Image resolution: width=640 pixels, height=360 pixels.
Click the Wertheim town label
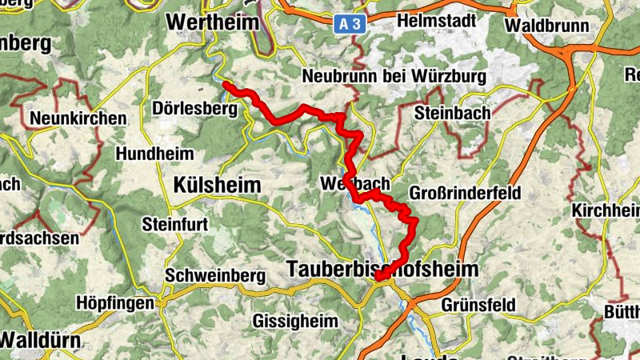pos(213,22)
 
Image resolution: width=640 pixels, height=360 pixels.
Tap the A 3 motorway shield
pos(350,25)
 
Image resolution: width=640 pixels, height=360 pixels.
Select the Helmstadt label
pos(435,19)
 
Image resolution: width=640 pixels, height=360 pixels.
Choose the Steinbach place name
pos(452,114)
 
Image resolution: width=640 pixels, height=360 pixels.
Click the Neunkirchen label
pos(78,118)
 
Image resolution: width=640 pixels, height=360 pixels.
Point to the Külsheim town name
pos(217,186)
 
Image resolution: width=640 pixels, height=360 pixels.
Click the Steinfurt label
pos(174,225)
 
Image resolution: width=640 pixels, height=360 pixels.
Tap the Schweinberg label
pos(214,275)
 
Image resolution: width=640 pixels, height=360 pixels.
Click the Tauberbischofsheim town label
pos(382,270)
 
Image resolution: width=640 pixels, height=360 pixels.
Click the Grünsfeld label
pos(478,306)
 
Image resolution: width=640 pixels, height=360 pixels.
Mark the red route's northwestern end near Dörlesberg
pos(226,85)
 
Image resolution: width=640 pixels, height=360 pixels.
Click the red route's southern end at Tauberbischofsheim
pos(378,278)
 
